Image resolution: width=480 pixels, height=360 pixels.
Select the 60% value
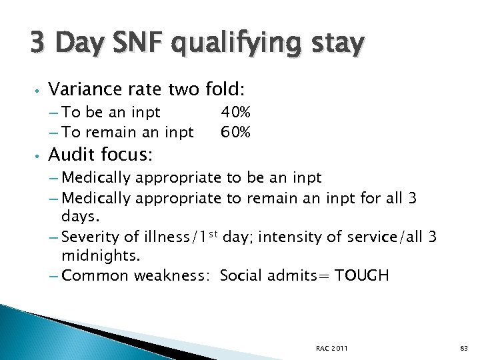(235, 133)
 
